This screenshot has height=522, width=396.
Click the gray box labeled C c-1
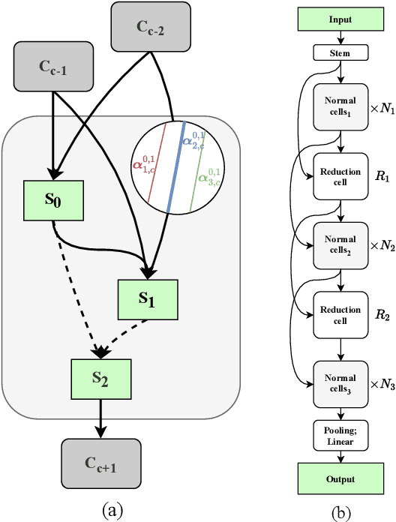[53, 66]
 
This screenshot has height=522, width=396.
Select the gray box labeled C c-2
[149, 27]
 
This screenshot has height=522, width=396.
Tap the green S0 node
[53, 179]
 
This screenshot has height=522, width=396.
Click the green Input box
[340, 18]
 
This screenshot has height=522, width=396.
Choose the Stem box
[340, 53]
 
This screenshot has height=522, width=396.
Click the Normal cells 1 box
[340, 105]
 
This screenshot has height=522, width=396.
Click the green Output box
[340, 478]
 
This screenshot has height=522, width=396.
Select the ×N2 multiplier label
[382, 246]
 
